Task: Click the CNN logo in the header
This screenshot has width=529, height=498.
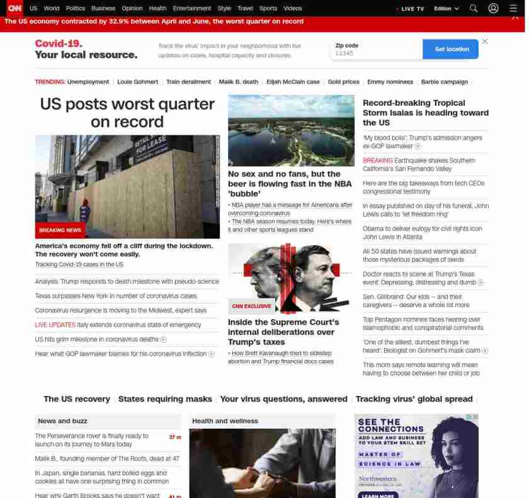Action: click(x=14, y=8)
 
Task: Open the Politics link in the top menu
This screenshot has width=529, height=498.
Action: click(x=75, y=9)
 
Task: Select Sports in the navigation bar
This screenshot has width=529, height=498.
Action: click(x=268, y=9)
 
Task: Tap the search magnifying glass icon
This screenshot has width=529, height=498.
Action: click(x=474, y=9)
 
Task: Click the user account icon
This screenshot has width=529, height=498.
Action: click(x=493, y=9)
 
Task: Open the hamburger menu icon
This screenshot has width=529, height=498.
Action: click(x=513, y=9)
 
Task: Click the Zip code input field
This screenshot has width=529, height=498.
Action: click(x=376, y=53)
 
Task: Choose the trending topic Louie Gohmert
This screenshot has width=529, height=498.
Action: click(x=137, y=82)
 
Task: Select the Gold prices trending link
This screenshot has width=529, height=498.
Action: click(x=343, y=82)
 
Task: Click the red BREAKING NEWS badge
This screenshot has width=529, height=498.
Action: click(x=60, y=230)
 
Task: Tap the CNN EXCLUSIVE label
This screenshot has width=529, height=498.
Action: click(x=251, y=307)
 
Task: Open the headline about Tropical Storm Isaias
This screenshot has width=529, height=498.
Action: click(x=425, y=113)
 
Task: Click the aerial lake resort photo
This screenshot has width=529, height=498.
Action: click(x=291, y=130)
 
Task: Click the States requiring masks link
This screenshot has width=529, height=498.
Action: click(x=165, y=399)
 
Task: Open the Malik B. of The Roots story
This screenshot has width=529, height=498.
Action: click(x=107, y=459)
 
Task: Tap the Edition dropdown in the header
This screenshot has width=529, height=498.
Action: click(x=447, y=9)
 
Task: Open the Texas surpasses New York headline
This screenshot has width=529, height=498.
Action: click(x=116, y=296)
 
